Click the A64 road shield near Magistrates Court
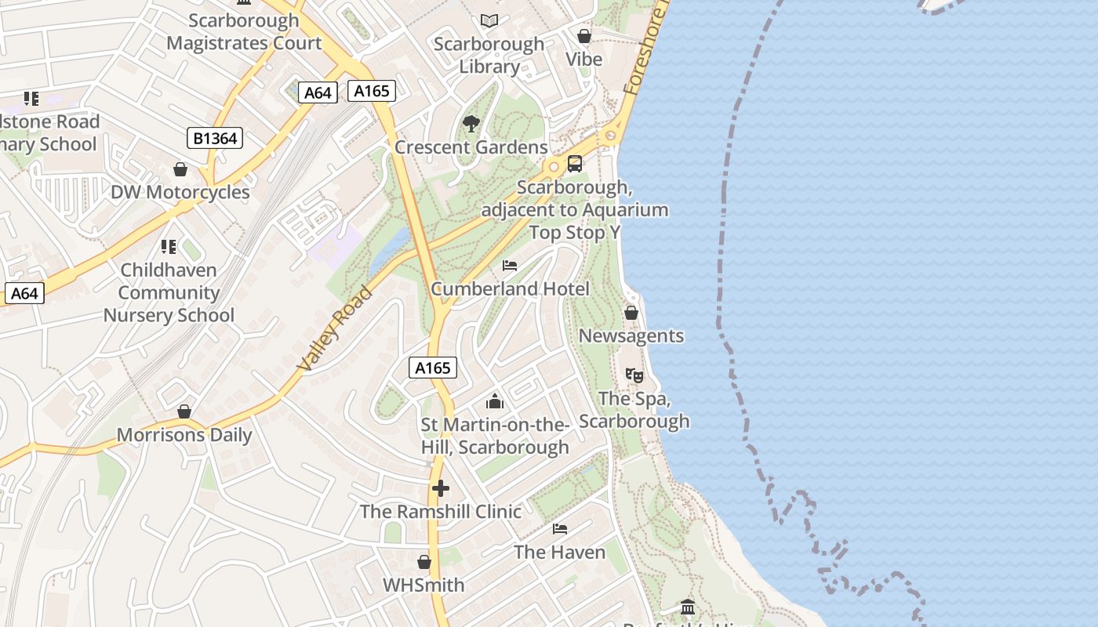[318, 92]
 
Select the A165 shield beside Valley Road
[432, 368]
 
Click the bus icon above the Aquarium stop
[575, 164]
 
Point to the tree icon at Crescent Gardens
[471, 123]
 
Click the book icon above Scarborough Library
[489, 20]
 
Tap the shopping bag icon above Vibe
[584, 36]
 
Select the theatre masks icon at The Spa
[634, 375]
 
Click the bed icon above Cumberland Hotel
[510, 266]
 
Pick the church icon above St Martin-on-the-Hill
[495, 401]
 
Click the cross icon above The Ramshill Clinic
[441, 488]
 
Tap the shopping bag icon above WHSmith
[424, 562]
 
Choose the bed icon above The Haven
[560, 529]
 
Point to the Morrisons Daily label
[184, 435]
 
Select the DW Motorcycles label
[180, 192]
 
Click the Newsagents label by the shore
[631, 336]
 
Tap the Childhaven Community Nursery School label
[169, 292]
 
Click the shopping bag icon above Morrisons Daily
[184, 411]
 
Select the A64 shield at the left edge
[24, 293]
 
